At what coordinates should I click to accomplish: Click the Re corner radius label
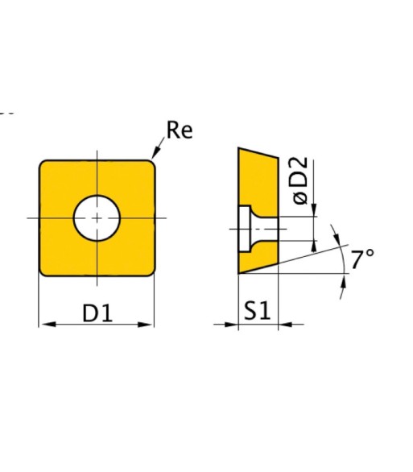[x=180, y=130]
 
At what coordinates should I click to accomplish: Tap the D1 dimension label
[x=97, y=313]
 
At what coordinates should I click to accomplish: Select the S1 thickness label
[x=257, y=310]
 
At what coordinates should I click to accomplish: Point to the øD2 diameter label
[x=301, y=180]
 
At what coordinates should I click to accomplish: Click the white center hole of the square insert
[x=97, y=218]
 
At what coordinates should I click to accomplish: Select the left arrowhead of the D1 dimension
[x=47, y=325]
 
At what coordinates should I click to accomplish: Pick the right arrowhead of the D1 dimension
[x=146, y=325]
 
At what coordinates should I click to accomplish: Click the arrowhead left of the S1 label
[x=231, y=325]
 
